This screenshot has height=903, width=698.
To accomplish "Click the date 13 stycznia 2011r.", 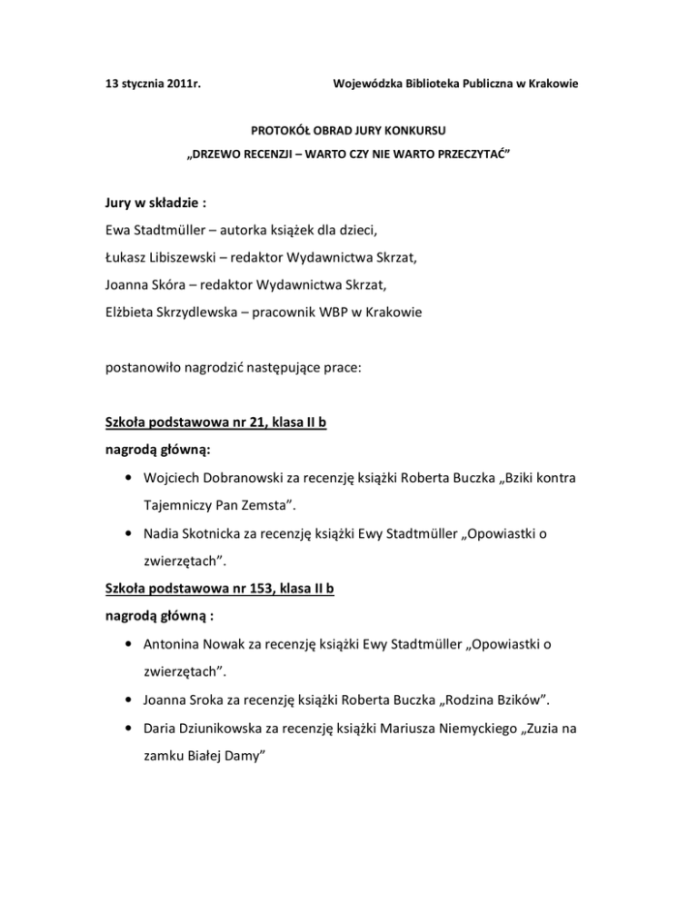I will coord(150,85).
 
